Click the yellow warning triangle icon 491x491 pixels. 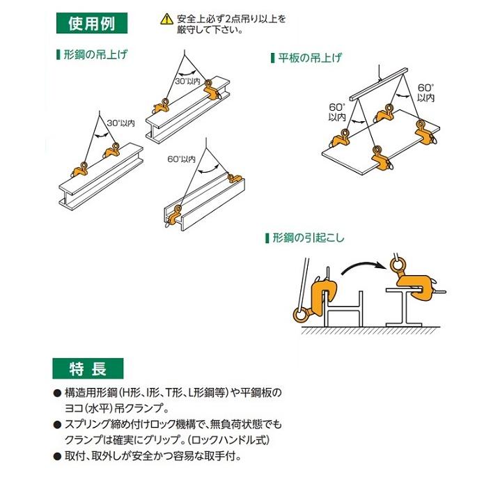tap(164, 20)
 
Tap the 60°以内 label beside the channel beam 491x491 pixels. tap(182, 159)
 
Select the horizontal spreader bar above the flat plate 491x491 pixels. tap(380, 81)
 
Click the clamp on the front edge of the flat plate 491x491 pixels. tap(380, 159)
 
